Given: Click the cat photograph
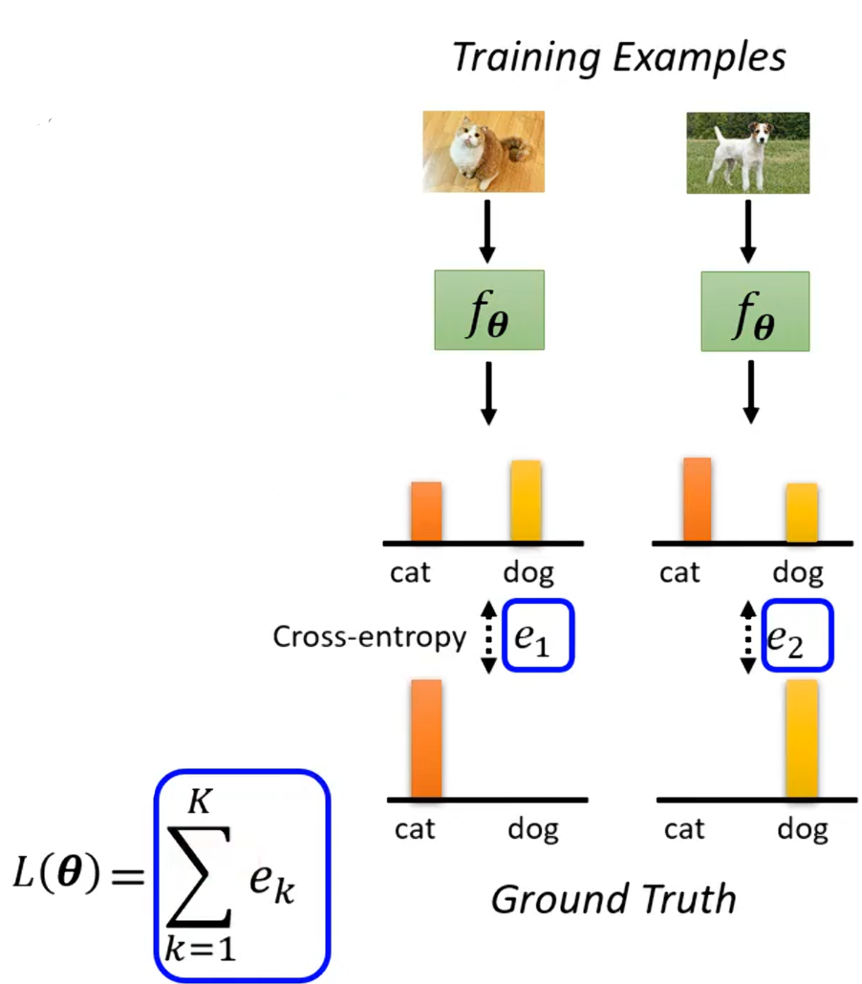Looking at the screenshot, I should coord(484,152).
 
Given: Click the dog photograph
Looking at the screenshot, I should coord(748,153).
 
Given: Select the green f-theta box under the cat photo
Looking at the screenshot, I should coord(488,310).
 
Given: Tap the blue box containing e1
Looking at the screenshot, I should coord(537,634).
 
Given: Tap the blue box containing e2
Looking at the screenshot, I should coord(798,635).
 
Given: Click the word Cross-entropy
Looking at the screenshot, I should coord(369,637).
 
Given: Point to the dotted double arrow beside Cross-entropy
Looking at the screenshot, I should coord(487,636).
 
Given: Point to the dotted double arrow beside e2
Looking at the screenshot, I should coord(748,636).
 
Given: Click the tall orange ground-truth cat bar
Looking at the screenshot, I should coord(426,738).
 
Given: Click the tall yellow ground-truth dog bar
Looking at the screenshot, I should coord(803,738).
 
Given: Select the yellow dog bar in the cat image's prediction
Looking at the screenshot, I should coord(526,502).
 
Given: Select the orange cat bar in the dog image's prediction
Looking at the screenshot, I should coord(697,500).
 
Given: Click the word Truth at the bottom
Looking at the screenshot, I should coord(686,899).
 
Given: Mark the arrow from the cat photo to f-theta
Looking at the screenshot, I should coord(487,231).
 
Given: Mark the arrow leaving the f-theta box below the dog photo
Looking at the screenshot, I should coord(751,391).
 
